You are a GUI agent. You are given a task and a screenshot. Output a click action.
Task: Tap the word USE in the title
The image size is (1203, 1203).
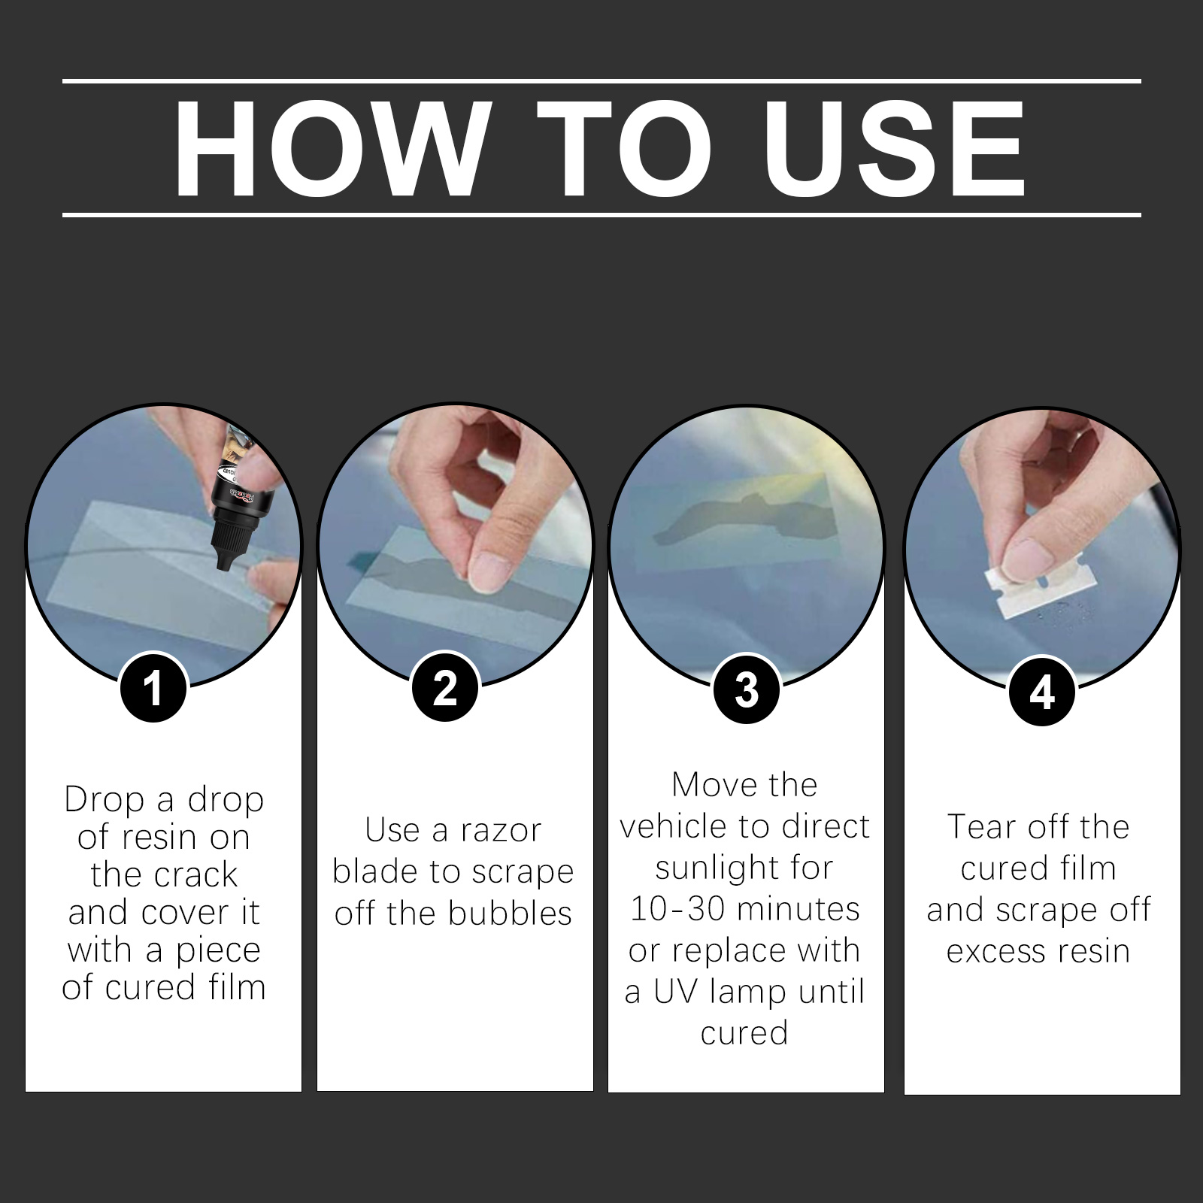(x=895, y=147)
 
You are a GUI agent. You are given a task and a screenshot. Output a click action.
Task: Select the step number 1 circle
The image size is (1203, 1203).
(x=153, y=687)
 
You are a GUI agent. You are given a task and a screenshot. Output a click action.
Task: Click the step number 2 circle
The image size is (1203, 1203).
(x=445, y=687)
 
